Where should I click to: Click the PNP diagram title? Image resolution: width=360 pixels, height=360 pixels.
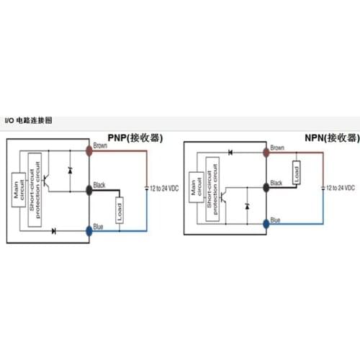click(x=135, y=138)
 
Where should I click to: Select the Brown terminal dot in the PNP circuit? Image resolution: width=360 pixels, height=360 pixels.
click(x=89, y=150)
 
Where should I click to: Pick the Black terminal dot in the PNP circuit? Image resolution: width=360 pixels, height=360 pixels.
click(x=89, y=190)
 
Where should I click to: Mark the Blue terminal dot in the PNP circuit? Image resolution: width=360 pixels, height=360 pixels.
click(x=89, y=230)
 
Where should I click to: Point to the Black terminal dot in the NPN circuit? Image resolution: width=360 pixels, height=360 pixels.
click(x=266, y=186)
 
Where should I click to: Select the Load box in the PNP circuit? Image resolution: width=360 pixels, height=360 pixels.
click(x=120, y=210)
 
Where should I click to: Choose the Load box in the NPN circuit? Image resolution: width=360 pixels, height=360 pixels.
click(x=296, y=173)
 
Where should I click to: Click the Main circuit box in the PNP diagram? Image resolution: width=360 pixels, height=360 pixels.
click(x=18, y=191)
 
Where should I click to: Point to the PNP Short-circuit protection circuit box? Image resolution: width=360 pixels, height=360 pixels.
click(x=33, y=191)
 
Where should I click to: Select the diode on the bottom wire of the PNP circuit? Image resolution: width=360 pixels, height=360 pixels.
click(x=55, y=230)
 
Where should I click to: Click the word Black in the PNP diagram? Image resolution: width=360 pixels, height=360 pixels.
click(x=99, y=185)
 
